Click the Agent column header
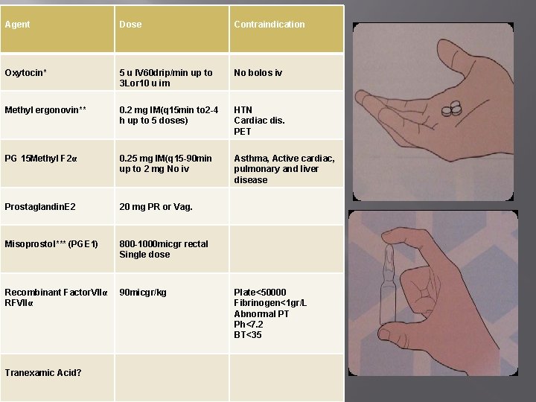coord(18,25)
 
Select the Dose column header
coord(130,25)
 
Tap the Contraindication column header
coord(269,25)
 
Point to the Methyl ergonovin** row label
coord(45,110)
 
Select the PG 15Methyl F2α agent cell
coord(42,159)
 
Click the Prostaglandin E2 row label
coord(40,206)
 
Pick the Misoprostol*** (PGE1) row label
coord(51,244)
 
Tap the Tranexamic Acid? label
coord(43,372)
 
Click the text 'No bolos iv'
coord(258,73)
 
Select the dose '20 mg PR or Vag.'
coord(156,206)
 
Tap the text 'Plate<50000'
coord(260,293)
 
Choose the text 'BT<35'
coord(248,335)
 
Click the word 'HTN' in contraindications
coord(243,110)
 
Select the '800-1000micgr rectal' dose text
coord(164,244)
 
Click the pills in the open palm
coord(452,109)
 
